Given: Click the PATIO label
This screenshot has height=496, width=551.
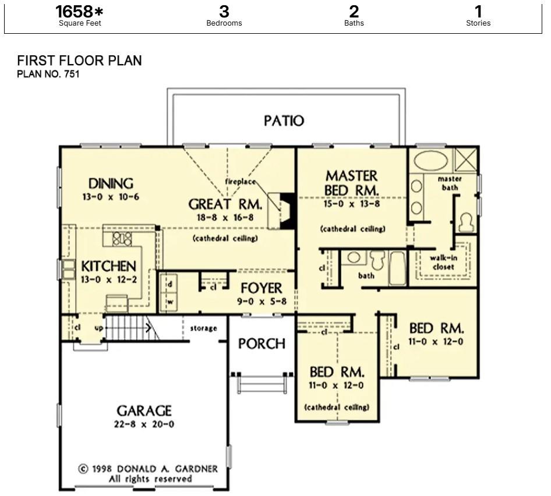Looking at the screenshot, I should pyautogui.click(x=284, y=121).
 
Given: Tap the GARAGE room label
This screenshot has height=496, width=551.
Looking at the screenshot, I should pyautogui.click(x=144, y=410).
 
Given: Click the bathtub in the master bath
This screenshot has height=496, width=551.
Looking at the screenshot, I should pyautogui.click(x=430, y=161).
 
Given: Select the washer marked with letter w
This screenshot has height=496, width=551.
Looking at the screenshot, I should pyautogui.click(x=170, y=302).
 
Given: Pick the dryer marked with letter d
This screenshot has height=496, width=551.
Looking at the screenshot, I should pyautogui.click(x=170, y=284).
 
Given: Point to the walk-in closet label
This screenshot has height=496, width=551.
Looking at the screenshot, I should pyautogui.click(x=443, y=262).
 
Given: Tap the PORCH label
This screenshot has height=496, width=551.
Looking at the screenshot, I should pyautogui.click(x=262, y=343).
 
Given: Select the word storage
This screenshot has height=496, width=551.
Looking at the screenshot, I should pyautogui.click(x=203, y=328).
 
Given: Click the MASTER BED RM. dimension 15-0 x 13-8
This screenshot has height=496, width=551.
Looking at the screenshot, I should pyautogui.click(x=352, y=204).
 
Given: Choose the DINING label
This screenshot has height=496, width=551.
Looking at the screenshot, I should pyautogui.click(x=111, y=183).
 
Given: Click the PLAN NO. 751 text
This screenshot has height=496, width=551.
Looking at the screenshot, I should pyautogui.click(x=48, y=74).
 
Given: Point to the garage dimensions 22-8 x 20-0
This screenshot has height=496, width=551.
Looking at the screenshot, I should pyautogui.click(x=144, y=424).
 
